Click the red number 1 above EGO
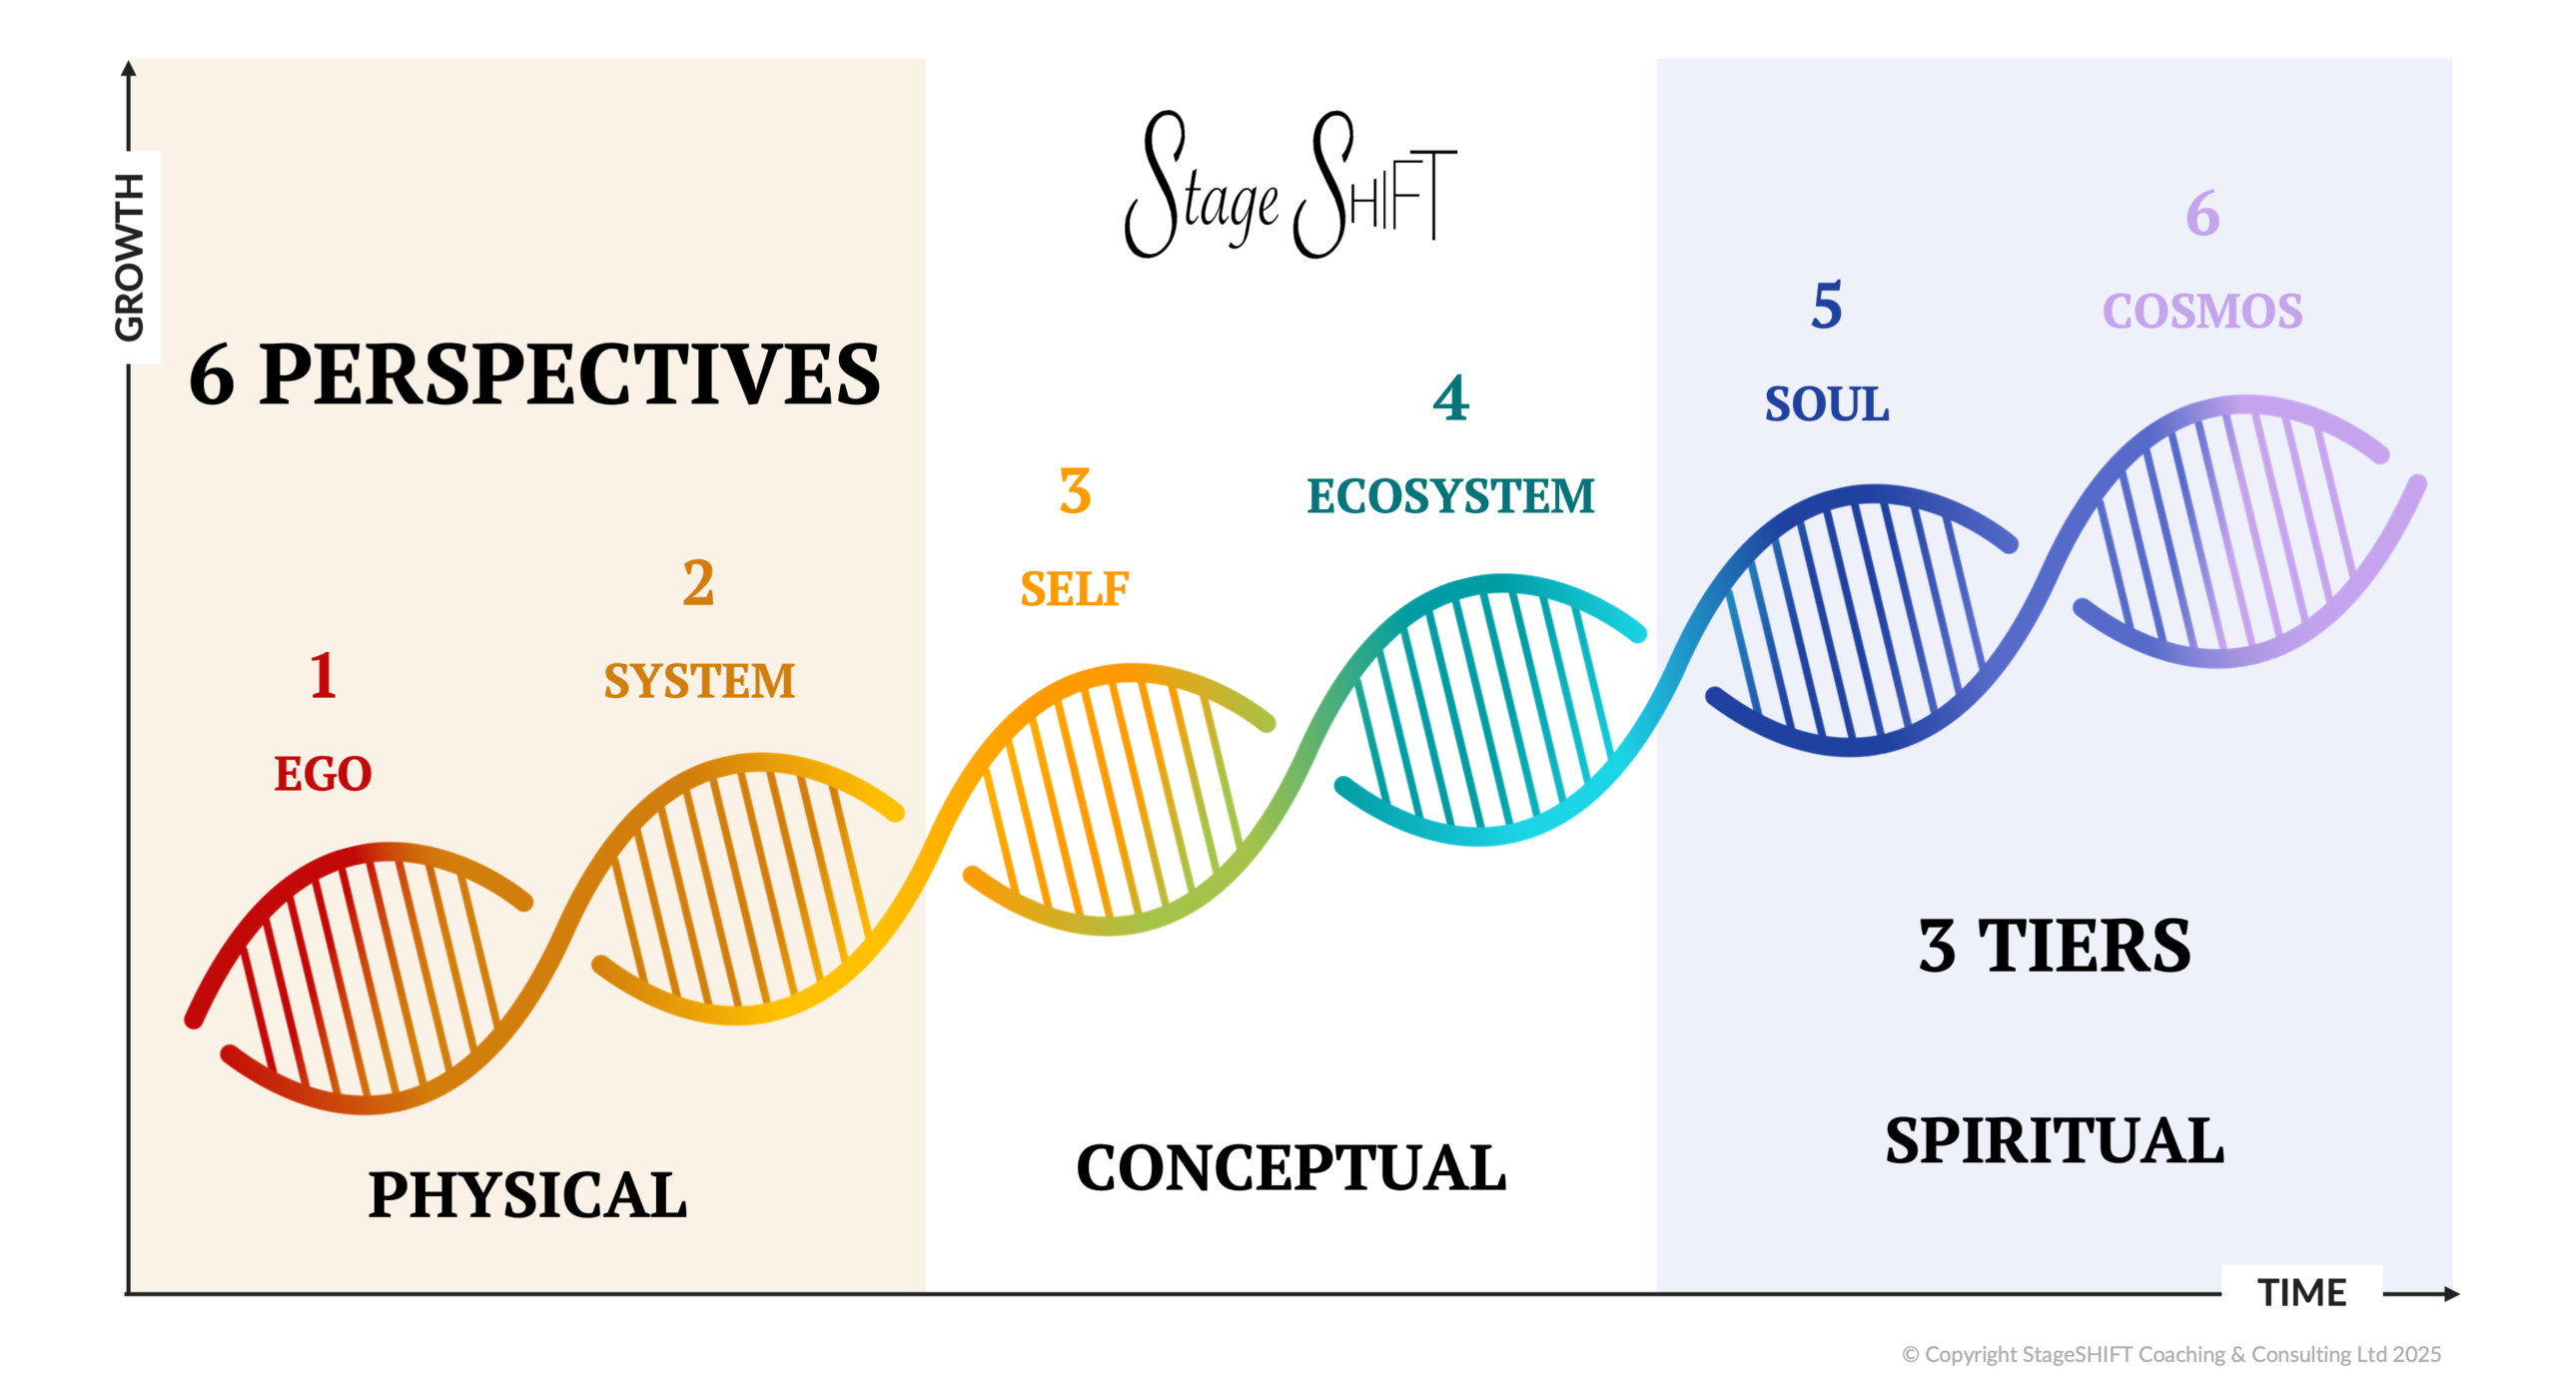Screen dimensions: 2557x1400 (323, 676)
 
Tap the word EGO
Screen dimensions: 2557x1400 (323, 774)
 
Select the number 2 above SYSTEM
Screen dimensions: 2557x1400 (698, 583)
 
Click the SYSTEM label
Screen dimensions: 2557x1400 (699, 681)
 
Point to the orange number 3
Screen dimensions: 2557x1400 (1075, 491)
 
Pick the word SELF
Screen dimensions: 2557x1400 (1075, 589)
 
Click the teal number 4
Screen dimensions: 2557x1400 (1450, 398)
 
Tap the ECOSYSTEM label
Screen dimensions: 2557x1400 (1450, 496)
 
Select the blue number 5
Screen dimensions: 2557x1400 (1827, 306)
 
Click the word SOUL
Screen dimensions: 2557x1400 (1827, 404)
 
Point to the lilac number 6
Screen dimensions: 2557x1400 (2202, 214)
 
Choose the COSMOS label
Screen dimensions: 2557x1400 (2202, 312)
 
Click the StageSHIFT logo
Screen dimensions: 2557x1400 (1290, 185)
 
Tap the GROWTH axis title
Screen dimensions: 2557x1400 (130, 258)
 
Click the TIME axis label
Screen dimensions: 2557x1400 (2302, 1293)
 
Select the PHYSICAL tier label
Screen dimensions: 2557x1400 (527, 1195)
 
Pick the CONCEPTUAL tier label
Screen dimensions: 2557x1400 (1290, 1168)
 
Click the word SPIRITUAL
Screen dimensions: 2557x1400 (2055, 1141)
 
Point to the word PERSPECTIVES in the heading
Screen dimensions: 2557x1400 (569, 375)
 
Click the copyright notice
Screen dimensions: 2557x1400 (2171, 1354)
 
